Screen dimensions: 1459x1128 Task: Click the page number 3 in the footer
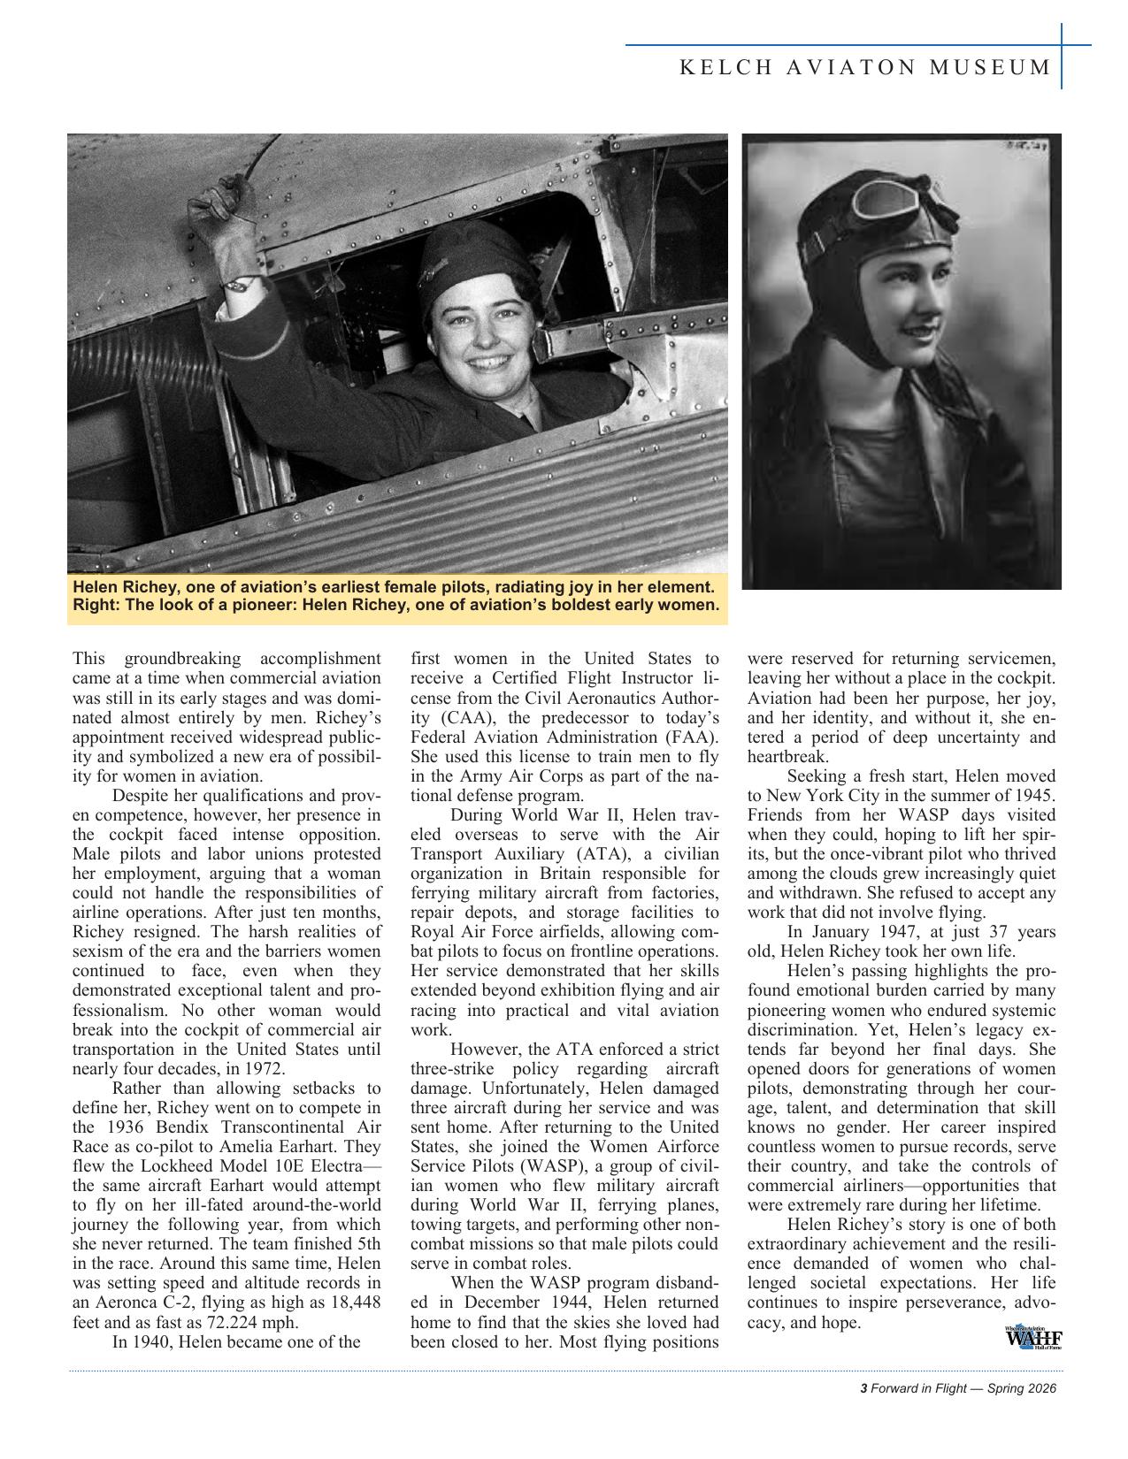pos(863,1388)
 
